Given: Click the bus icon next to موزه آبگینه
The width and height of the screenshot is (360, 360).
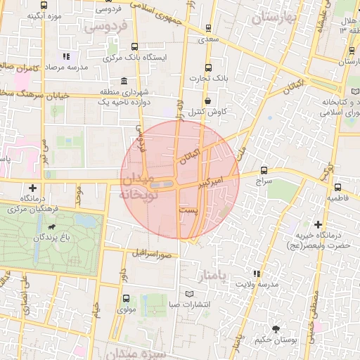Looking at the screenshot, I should pos(44,6).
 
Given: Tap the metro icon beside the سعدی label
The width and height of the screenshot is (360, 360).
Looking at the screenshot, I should pos(207,28).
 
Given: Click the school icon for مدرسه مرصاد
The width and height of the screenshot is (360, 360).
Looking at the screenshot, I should pos(65,56).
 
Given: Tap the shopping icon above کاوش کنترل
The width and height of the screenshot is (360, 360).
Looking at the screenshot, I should pos(208,101).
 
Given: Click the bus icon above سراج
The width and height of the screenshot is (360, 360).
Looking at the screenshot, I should pos(264,170).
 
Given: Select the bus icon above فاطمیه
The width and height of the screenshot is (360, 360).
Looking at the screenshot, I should pos(337,187).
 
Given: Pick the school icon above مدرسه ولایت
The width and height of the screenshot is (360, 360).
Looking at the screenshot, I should pos(257,273).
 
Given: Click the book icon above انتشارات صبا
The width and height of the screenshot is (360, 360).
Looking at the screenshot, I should pos(188,293).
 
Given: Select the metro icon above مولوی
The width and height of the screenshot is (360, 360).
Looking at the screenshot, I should pos(125,298).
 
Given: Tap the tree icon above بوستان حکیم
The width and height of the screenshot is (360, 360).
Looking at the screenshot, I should pos(275,329).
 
